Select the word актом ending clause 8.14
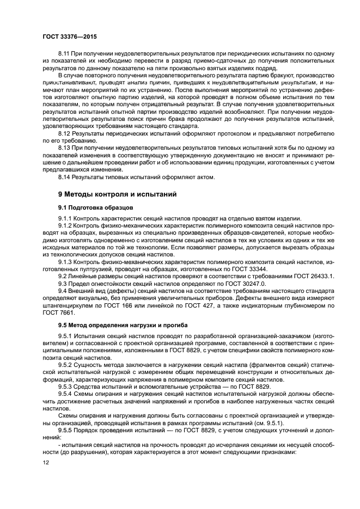[x=205, y=177]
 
